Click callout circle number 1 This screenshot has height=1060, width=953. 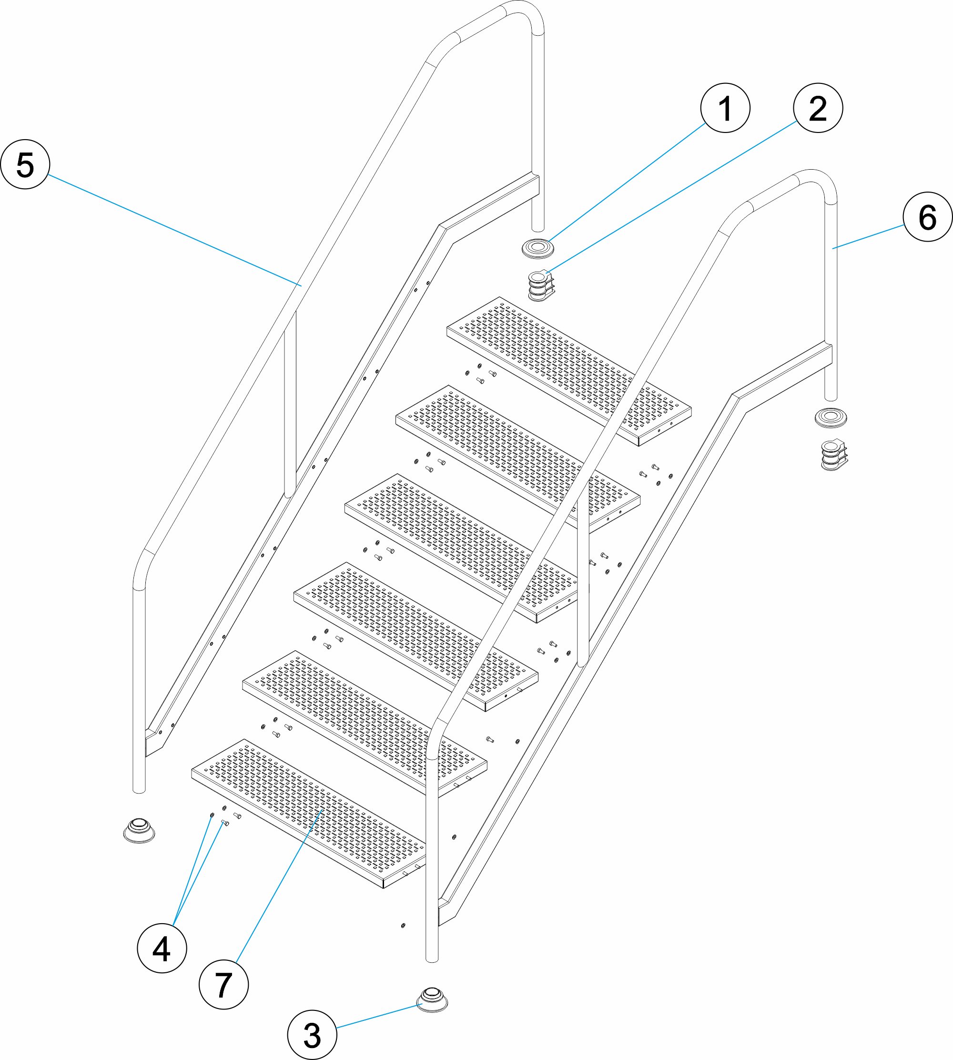[725, 108]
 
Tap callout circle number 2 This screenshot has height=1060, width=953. [818, 108]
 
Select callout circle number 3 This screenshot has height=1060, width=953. [312, 1035]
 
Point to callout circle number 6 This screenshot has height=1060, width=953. [927, 217]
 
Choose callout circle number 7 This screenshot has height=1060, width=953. [223, 985]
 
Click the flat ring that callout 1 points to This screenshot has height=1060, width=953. [538, 248]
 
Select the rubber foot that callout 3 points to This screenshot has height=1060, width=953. [432, 999]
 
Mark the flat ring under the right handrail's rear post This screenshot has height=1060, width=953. [831, 418]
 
